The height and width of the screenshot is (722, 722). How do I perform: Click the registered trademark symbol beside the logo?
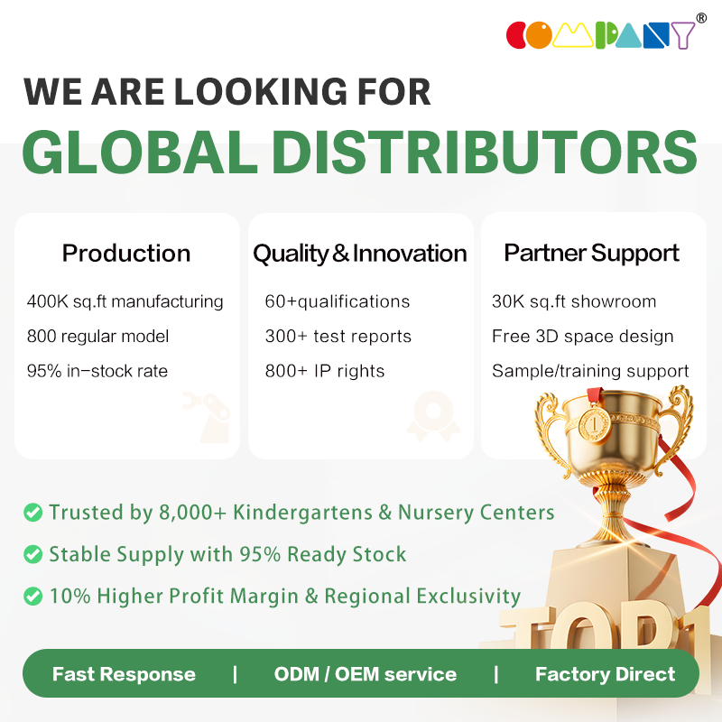coord(701,18)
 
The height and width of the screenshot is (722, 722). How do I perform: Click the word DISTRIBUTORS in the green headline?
coord(485,152)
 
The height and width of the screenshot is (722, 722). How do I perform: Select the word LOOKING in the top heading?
coord(260,91)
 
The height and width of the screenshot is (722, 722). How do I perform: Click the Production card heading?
coord(126,254)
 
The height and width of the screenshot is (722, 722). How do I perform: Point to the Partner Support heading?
coord(592,254)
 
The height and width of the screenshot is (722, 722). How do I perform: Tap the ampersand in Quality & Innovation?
coord(341,254)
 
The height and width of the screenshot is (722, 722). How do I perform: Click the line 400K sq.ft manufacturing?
coord(125,301)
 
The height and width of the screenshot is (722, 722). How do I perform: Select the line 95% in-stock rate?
coord(97,371)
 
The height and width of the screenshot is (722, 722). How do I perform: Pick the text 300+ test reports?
coord(338,336)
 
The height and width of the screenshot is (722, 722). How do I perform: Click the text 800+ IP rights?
coord(325,371)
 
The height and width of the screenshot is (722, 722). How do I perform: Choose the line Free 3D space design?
coord(582,336)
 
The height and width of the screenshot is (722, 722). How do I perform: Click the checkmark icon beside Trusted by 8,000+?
coord(33,512)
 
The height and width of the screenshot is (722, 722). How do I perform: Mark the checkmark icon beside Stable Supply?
coord(33,554)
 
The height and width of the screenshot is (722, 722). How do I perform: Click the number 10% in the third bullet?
coord(70,596)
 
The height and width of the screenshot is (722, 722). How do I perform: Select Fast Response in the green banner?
coord(124,674)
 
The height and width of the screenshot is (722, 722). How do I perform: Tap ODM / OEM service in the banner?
coord(366,674)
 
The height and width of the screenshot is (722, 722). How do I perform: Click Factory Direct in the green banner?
coord(605,674)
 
